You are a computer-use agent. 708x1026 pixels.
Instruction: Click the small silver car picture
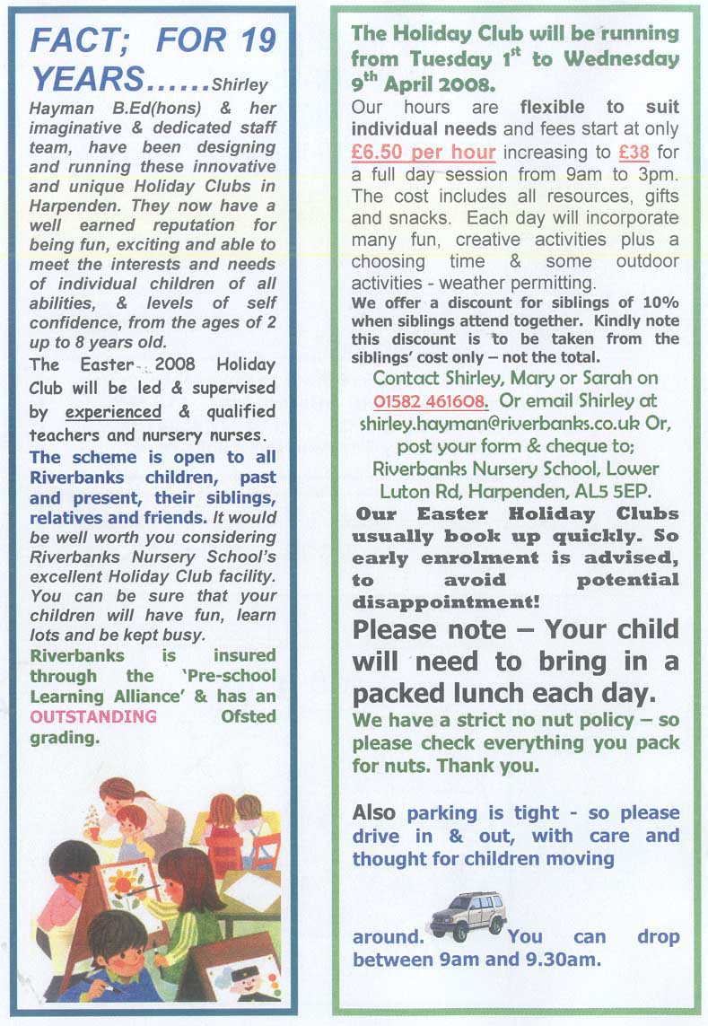(468, 915)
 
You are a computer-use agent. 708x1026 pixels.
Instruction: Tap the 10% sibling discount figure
(658, 303)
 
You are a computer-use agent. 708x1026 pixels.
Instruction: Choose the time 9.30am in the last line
(565, 960)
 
